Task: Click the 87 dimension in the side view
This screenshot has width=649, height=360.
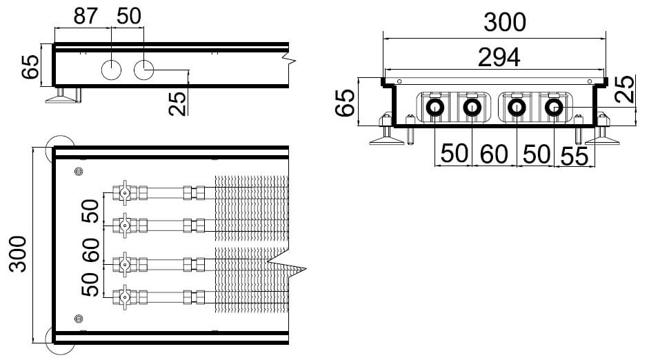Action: [86, 16]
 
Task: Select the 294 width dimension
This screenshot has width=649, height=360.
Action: [499, 57]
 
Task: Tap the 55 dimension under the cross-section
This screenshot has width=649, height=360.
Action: [574, 156]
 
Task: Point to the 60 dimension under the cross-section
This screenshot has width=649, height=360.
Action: [494, 154]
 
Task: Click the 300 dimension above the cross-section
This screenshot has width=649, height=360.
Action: [505, 22]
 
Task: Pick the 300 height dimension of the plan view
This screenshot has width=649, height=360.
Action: [18, 254]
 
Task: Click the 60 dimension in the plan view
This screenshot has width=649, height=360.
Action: [90, 250]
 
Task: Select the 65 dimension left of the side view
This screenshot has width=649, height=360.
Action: [30, 67]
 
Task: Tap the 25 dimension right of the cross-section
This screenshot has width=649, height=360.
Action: [625, 89]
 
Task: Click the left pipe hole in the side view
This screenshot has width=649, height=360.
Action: [111, 70]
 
